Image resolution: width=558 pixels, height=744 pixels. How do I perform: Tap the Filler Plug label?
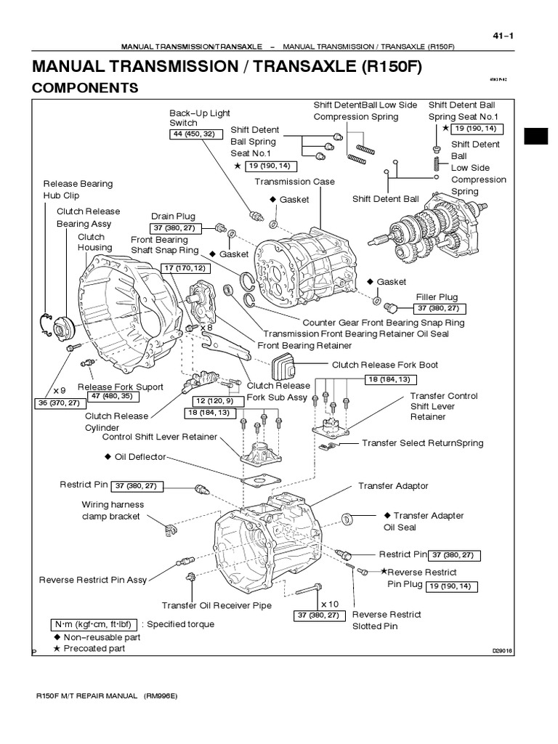pos(437,297)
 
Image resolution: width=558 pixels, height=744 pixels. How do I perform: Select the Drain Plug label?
pos(174,216)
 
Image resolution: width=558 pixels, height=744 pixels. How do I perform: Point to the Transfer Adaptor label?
pos(393,485)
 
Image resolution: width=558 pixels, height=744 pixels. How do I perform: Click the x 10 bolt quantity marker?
pos(330,603)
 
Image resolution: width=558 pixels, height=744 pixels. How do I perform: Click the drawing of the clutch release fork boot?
pos(282,368)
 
